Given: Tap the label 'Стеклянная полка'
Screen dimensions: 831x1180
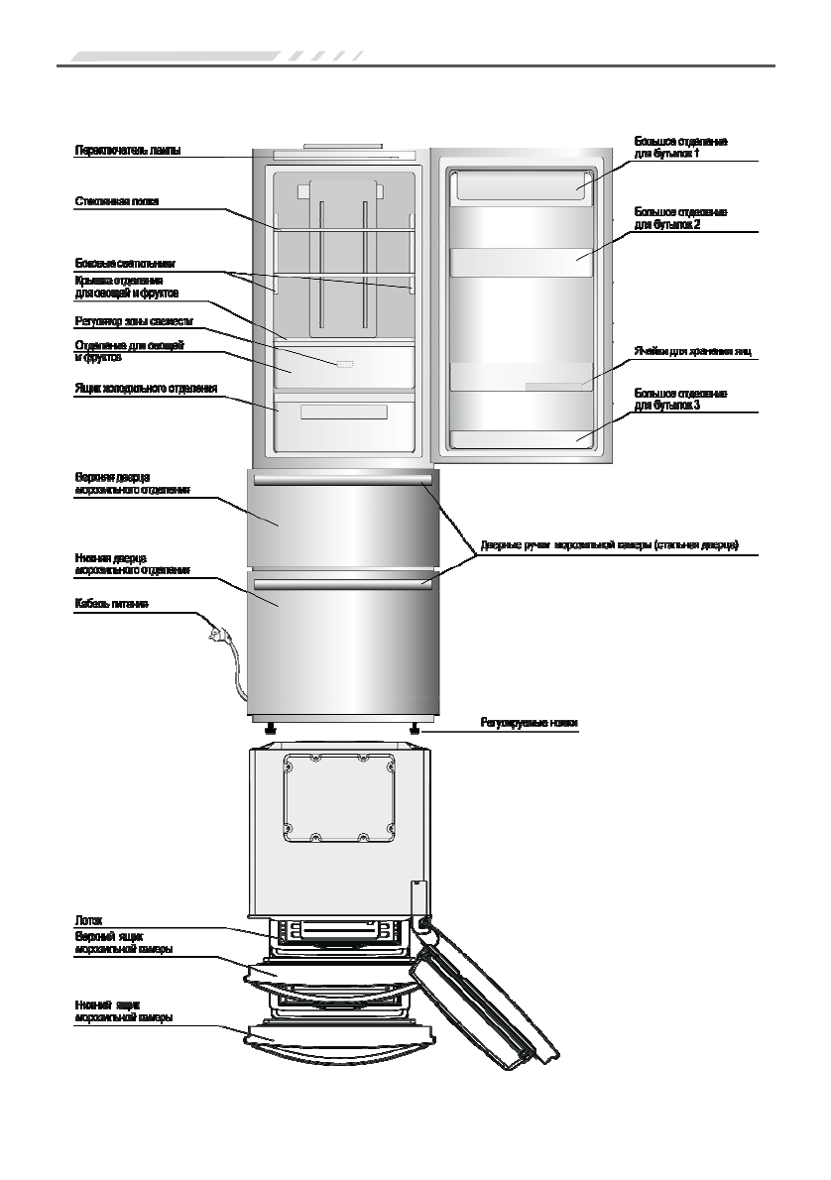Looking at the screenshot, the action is [x=117, y=202].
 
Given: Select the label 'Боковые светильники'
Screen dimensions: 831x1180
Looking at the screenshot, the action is [x=125, y=264].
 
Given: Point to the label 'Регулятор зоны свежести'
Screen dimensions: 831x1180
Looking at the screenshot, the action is [x=134, y=321].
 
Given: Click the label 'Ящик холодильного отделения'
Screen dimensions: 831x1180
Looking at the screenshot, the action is [x=146, y=388].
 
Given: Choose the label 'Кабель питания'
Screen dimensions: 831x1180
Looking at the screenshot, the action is [x=112, y=604].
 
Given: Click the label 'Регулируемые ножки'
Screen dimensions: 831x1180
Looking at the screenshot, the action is [x=529, y=724].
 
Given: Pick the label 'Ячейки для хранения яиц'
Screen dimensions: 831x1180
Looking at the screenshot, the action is [x=693, y=351].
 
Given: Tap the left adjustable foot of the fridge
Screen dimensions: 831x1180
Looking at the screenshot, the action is [x=269, y=730].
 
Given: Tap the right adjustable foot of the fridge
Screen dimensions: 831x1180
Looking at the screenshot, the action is [x=414, y=730].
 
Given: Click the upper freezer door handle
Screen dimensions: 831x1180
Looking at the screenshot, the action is [x=343, y=481].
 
